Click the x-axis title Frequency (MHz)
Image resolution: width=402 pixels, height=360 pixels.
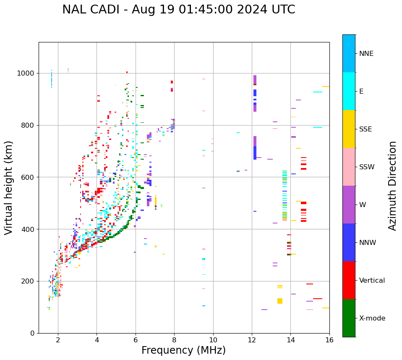(x=183, y=350)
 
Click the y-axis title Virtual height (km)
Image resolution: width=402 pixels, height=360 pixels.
(x=9, y=187)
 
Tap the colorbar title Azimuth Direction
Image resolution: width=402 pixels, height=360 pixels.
(x=392, y=186)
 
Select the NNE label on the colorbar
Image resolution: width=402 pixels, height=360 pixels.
(x=366, y=54)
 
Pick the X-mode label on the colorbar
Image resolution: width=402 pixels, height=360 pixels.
(x=372, y=318)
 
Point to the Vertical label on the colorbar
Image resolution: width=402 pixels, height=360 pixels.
(x=372, y=281)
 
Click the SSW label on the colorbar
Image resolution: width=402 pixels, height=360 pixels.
(x=367, y=167)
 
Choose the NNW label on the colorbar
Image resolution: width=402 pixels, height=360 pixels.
(x=368, y=243)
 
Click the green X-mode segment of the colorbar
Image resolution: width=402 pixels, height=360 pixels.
(x=349, y=318)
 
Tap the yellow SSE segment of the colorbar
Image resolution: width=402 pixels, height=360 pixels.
(x=349, y=129)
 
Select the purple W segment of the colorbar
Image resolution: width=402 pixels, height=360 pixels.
(x=349, y=205)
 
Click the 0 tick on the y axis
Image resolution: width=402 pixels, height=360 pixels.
(x=32, y=333)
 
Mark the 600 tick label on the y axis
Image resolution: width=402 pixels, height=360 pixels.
(x=28, y=177)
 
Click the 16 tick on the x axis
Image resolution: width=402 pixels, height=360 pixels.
(x=329, y=340)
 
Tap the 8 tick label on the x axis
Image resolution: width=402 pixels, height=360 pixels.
(x=174, y=340)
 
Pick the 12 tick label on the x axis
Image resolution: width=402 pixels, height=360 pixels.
(x=252, y=340)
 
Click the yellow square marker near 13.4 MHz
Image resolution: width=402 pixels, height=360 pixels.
(x=280, y=301)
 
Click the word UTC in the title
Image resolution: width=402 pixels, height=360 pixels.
(x=282, y=10)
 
